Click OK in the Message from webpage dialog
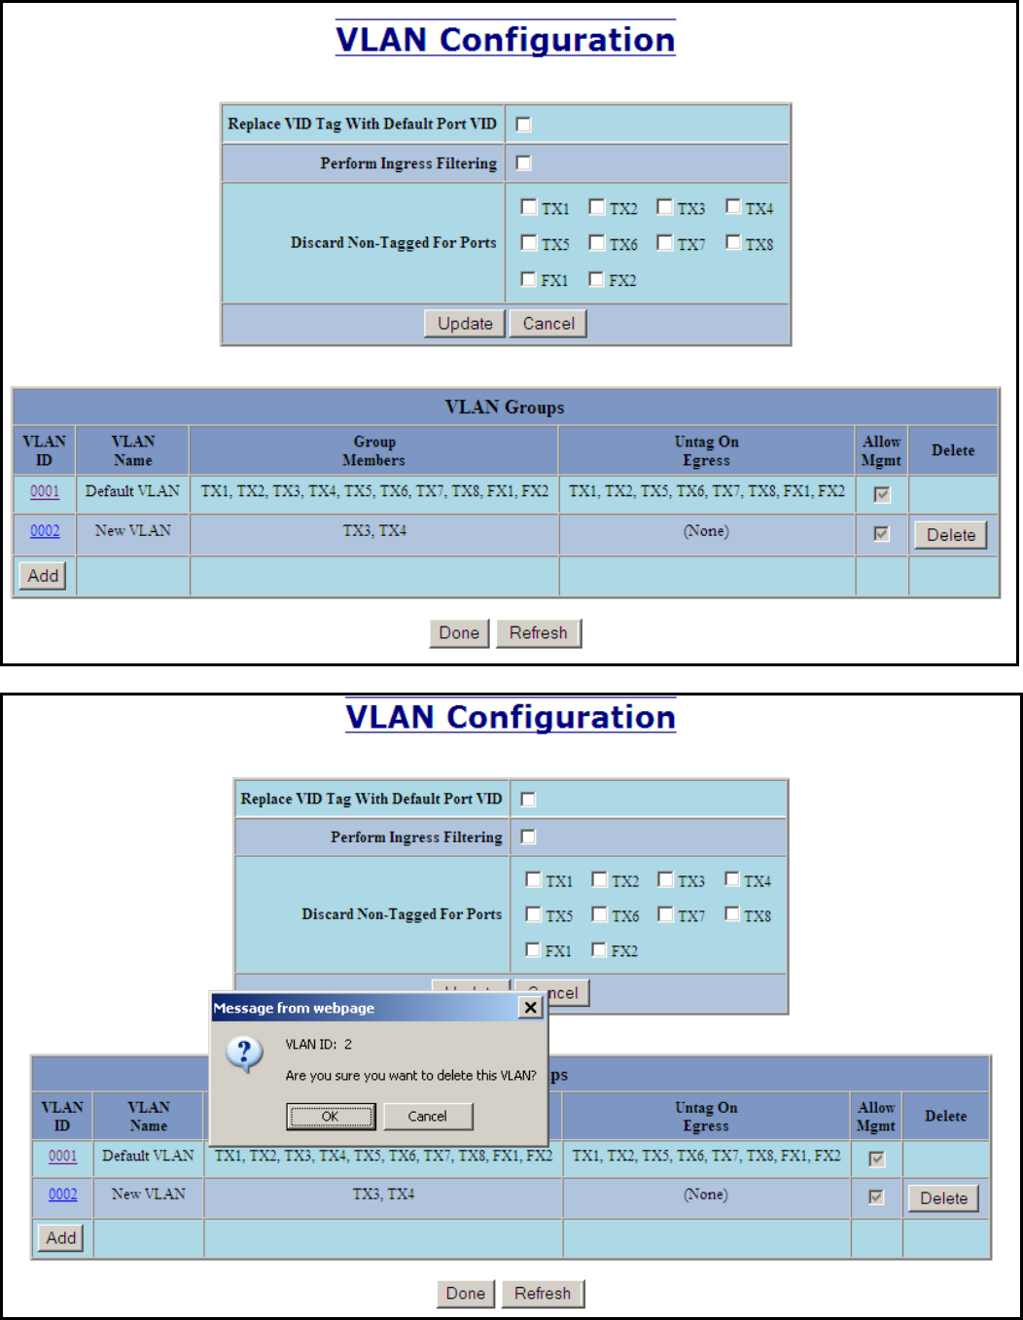331,1116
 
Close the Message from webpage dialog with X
530,1008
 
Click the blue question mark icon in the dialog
244,1052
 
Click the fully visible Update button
465,324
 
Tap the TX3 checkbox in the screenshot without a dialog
665,207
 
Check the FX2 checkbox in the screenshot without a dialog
597,280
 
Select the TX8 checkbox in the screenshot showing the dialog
732,914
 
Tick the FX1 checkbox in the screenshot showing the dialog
533,949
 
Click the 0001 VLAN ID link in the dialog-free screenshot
45,491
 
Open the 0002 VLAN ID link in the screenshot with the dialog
63,1195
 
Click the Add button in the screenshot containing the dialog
61,1237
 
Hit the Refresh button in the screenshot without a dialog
538,633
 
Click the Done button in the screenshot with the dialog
465,1294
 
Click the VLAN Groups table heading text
505,408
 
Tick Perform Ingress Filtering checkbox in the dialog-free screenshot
523,162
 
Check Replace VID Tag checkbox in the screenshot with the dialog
528,799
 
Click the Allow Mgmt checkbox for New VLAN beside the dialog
876,1197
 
